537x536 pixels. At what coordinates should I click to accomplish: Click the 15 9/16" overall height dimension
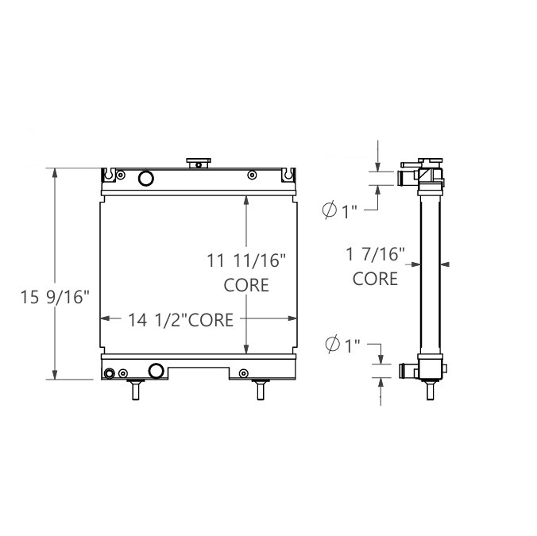pos(54,298)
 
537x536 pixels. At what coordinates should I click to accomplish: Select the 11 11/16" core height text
pos(246,260)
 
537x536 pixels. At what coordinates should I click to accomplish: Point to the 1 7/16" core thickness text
pos(376,255)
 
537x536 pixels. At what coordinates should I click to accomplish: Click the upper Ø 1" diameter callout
pos(340,210)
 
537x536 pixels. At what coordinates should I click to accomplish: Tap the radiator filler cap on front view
pos(197,163)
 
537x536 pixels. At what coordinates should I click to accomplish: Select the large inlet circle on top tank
pos(145,178)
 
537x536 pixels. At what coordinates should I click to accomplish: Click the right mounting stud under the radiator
pos(260,389)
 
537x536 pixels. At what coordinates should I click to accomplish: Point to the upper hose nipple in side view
pos(408,176)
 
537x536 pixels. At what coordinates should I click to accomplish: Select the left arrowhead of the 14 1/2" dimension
pos(104,319)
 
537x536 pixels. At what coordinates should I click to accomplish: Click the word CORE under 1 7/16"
pos(376,279)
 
